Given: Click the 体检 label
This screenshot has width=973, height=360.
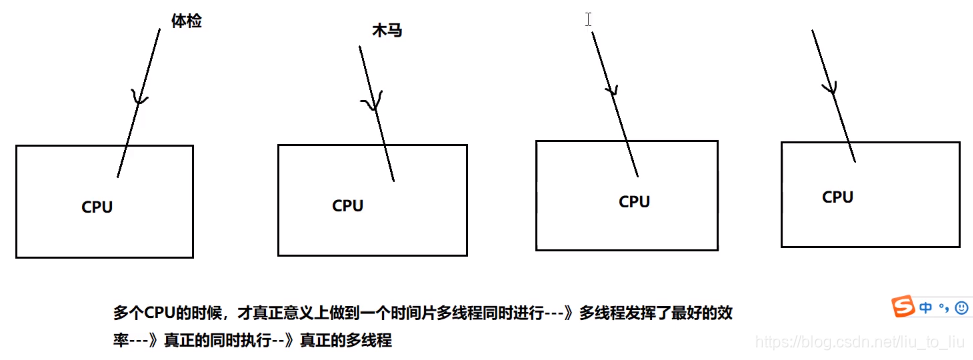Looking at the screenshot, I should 186,21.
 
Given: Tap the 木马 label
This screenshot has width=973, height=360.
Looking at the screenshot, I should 386,31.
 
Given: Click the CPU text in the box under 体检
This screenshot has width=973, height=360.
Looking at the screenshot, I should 97,207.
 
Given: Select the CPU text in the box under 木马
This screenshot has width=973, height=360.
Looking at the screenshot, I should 348,206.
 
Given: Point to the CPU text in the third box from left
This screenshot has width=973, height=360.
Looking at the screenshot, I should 634,202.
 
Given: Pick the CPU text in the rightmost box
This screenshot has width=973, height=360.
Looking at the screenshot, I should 837,197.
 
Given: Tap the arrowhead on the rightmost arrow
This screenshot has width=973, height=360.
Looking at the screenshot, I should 830,89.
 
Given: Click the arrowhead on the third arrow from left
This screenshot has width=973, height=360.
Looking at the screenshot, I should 611,89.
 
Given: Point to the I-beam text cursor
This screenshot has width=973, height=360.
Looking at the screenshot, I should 589,19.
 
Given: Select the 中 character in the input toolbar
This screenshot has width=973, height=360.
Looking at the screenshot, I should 927,307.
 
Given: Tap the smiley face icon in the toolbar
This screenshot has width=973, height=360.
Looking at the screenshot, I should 961,307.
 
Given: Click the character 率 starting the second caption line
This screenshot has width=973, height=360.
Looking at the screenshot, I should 120,340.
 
